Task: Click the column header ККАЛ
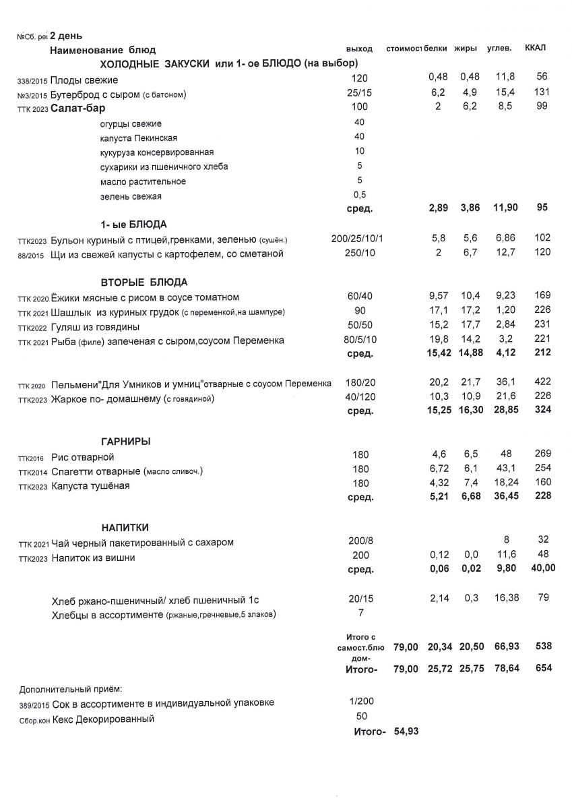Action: pyautogui.click(x=535, y=48)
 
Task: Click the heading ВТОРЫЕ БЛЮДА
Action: pyautogui.click(x=144, y=282)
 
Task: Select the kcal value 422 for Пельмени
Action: pyautogui.click(x=542, y=383)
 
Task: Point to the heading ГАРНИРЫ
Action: pyautogui.click(x=125, y=441)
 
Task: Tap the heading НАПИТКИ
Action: pyautogui.click(x=125, y=527)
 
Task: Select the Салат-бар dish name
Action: pyautogui.click(x=78, y=108)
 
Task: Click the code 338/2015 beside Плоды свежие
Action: pyautogui.click(x=32, y=81)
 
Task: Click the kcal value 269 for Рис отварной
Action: pyautogui.click(x=542, y=453)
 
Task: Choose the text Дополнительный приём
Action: pyautogui.click(x=71, y=688)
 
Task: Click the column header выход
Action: pyautogui.click(x=359, y=49)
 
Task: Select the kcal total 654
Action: pyautogui.click(x=542, y=668)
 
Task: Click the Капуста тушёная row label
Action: pyautogui.click(x=90, y=485)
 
